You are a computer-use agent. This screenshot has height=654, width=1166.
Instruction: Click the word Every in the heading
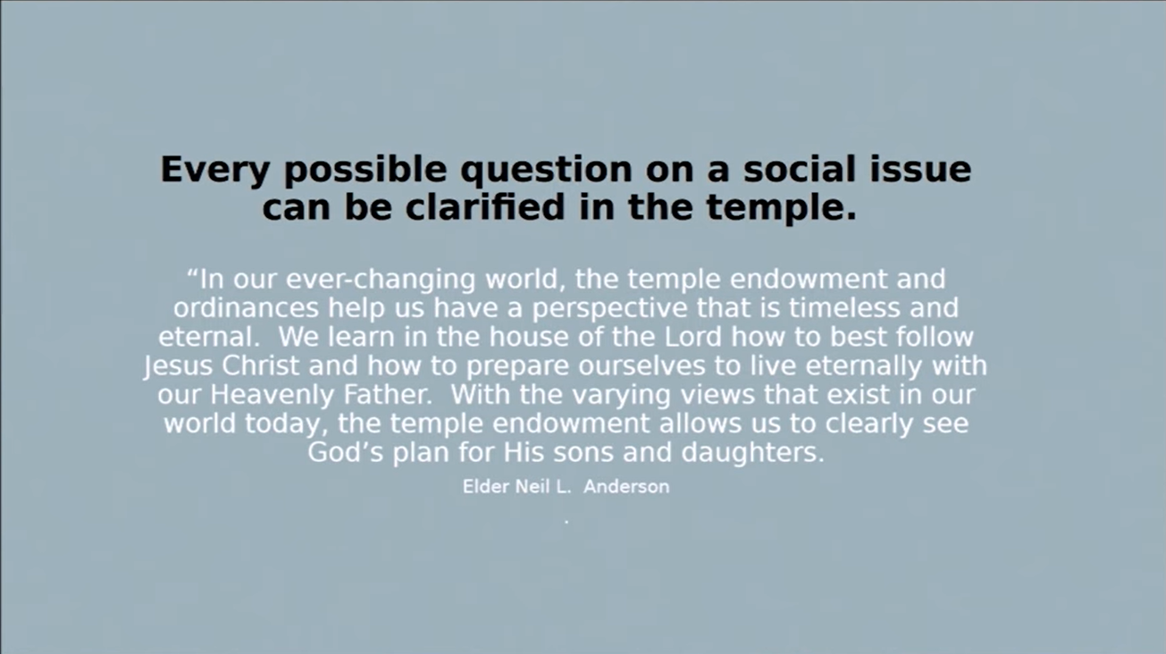(214, 171)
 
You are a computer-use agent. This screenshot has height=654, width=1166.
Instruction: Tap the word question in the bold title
(546, 171)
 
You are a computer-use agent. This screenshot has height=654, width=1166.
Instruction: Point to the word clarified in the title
(485, 206)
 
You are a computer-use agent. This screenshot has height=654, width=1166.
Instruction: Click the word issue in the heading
(920, 169)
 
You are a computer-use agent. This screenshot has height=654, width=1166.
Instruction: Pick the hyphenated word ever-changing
(381, 280)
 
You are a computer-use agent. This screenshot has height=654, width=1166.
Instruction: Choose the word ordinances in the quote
(246, 307)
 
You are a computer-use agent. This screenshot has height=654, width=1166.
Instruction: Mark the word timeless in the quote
(844, 307)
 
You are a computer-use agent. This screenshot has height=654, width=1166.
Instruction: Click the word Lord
(692, 337)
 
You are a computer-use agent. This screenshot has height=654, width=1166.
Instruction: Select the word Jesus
(179, 366)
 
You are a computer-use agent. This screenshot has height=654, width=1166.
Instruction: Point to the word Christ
(261, 365)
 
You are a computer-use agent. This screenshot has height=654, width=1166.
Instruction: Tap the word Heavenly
(272, 395)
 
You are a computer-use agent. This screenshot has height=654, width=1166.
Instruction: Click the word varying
(622, 395)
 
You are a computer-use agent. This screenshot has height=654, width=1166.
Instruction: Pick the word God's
(346, 452)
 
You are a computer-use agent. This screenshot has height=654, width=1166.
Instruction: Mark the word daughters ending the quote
(753, 453)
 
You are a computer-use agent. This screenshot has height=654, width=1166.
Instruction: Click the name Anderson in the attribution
(626, 487)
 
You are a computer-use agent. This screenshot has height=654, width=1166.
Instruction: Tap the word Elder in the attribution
(486, 487)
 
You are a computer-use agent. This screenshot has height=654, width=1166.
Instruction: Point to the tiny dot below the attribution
(566, 521)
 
